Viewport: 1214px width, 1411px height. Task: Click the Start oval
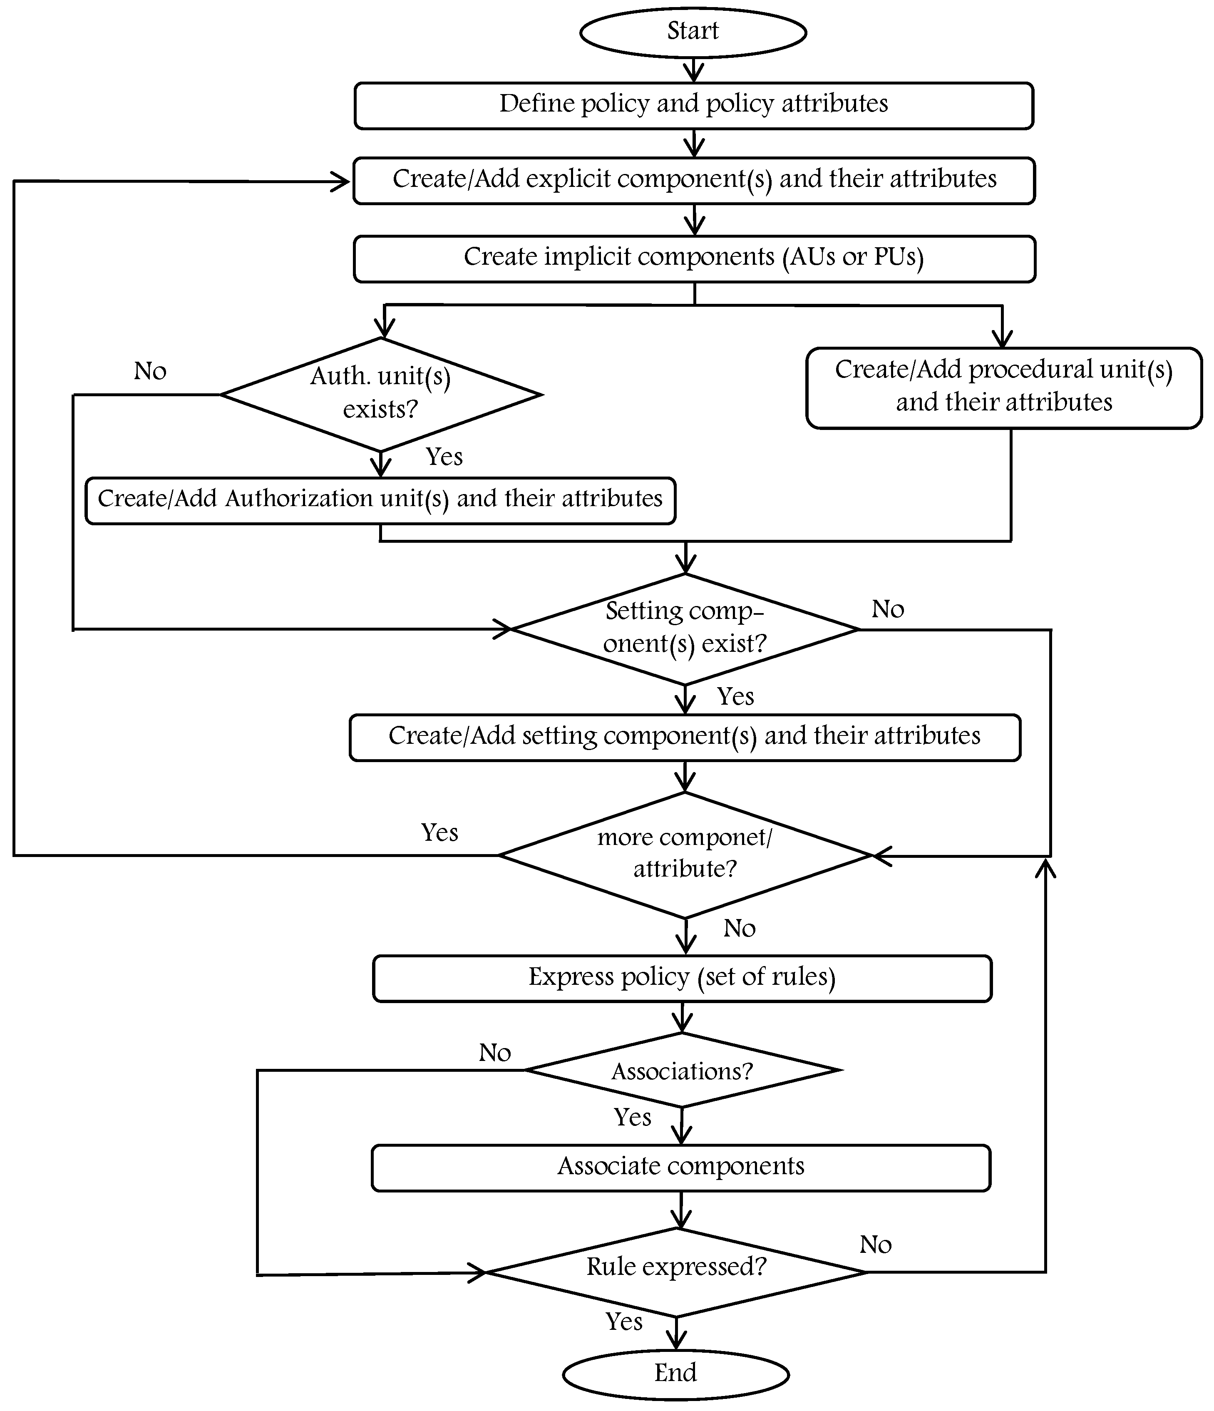click(693, 32)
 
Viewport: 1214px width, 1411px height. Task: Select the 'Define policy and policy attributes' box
click(693, 106)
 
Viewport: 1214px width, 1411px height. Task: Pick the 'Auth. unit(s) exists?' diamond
click(381, 394)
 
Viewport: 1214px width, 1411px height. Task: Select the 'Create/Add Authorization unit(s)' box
click(380, 501)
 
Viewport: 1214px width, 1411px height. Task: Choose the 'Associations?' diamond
click(682, 1071)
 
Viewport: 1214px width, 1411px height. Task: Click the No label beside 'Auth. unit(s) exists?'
click(150, 372)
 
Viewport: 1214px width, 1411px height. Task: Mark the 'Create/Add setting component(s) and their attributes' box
click(684, 738)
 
